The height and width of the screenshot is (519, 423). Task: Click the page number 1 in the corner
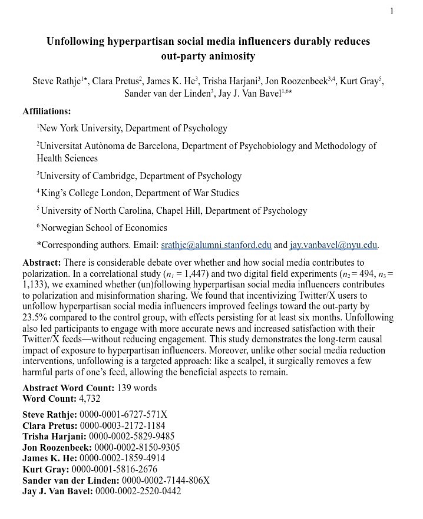(x=392, y=11)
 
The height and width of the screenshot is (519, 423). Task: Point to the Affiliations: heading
(x=47, y=111)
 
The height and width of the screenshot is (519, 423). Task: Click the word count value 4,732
(x=90, y=399)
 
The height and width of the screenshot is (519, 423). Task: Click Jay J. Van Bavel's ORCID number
(x=138, y=491)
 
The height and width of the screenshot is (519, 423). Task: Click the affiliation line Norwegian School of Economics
(x=104, y=228)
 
